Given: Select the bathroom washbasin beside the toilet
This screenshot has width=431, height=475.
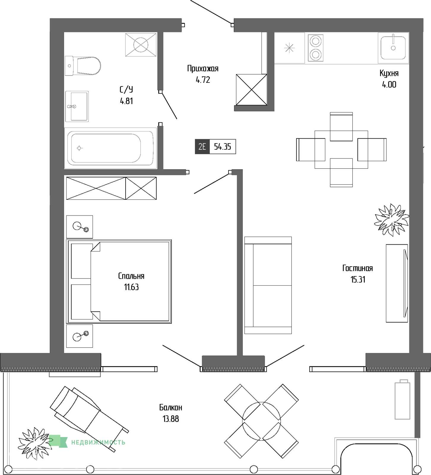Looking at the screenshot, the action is point(77,106).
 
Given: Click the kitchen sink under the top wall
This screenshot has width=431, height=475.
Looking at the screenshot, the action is point(393,48).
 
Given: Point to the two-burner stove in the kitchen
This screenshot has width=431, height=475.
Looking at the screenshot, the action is point(316,48).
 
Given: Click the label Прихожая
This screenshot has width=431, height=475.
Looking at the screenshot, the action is point(203,69).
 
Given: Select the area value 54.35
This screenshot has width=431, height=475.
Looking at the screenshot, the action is point(223,147).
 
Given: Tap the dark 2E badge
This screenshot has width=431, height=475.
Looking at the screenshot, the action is point(202,147).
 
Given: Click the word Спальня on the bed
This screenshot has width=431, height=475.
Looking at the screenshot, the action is point(131,276).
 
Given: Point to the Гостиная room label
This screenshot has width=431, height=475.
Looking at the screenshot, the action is point(358,268).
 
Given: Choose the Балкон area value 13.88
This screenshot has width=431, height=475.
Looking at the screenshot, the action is point(171,419).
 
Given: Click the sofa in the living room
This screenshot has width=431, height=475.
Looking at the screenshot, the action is point(268,285).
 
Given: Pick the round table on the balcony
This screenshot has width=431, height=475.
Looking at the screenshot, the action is point(261,421).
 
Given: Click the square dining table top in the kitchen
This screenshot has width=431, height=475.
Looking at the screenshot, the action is point(341,150).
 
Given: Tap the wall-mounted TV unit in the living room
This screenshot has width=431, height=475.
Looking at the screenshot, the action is point(397,283).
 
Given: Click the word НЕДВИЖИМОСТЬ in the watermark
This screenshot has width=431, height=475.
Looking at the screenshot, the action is point(98,442).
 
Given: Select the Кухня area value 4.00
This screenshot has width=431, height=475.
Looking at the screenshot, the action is point(389,85).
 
